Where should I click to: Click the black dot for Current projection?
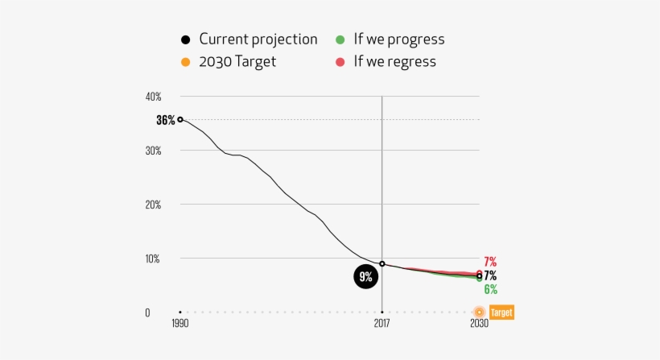[x=185, y=39]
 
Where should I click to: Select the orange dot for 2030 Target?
[x=185, y=62]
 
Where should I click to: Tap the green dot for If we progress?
[x=340, y=39]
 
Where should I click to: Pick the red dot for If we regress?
[x=340, y=62]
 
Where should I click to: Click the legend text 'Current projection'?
[x=258, y=39]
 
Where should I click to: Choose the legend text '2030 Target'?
[x=237, y=62]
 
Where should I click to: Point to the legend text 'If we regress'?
[x=394, y=62]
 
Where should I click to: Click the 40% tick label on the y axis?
[x=153, y=97]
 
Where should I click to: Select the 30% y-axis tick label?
[x=153, y=151]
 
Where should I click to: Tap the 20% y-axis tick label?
[x=153, y=205]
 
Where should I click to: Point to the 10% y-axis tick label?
[x=153, y=259]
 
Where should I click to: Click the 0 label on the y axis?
[x=147, y=312]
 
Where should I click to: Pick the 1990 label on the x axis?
[x=179, y=324]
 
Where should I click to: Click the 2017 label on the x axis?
[x=382, y=324]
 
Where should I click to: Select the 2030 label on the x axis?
[x=479, y=324]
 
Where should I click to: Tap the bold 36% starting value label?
[x=165, y=120]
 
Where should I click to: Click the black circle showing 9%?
[x=365, y=278]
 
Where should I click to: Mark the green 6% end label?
[x=490, y=289]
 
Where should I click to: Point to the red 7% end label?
[x=490, y=262]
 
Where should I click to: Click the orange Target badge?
[x=501, y=312]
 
